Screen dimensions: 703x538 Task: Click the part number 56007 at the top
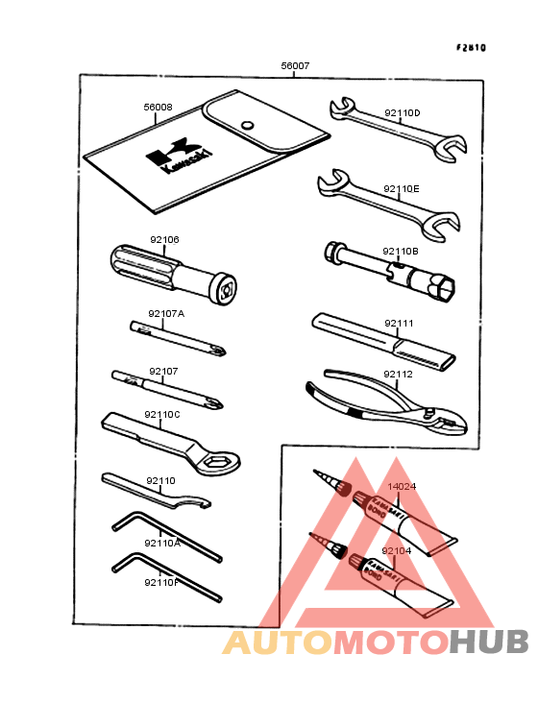pyautogui.click(x=295, y=66)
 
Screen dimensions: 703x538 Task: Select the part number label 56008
pyautogui.click(x=158, y=107)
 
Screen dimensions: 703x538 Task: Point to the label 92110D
pyautogui.click(x=402, y=113)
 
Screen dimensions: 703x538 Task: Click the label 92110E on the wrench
pyautogui.click(x=402, y=189)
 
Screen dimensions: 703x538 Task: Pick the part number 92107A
pyautogui.click(x=166, y=313)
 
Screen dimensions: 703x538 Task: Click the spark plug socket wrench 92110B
pyautogui.click(x=394, y=270)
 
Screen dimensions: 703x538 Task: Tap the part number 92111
pyautogui.click(x=399, y=324)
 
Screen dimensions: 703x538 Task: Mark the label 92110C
pyautogui.click(x=161, y=414)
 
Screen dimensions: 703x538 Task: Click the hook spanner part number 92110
pyautogui.click(x=160, y=480)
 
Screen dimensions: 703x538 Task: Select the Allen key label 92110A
pyautogui.click(x=162, y=543)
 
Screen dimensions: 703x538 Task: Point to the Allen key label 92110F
pyautogui.click(x=162, y=582)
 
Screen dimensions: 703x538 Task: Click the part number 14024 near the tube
pyautogui.click(x=402, y=486)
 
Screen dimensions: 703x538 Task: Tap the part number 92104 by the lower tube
pyautogui.click(x=396, y=551)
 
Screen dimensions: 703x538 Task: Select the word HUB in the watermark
pyautogui.click(x=489, y=642)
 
